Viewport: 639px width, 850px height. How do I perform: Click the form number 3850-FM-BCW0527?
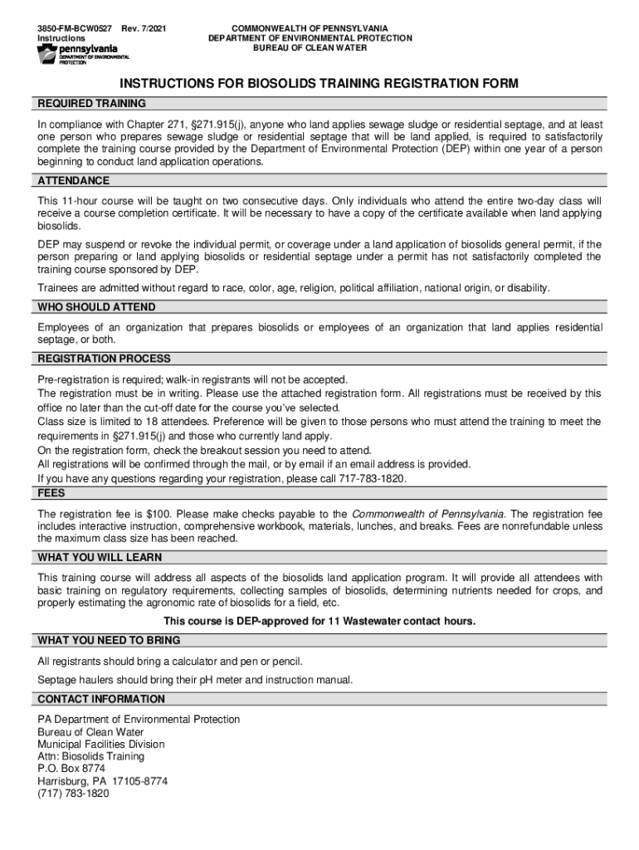(74, 28)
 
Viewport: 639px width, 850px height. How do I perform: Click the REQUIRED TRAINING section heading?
(91, 104)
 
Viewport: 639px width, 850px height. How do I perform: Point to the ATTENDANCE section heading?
(73, 181)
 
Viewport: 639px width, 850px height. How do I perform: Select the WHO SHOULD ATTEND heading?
(96, 307)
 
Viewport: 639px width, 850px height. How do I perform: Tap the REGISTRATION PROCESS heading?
(104, 359)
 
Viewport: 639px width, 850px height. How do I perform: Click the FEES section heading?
(51, 492)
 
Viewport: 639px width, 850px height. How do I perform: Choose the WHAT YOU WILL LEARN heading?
(100, 557)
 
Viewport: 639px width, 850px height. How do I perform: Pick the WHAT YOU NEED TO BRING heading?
(109, 641)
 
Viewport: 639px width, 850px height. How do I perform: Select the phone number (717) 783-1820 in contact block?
(73, 793)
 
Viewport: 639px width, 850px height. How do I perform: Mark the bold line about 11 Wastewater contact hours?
(319, 622)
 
